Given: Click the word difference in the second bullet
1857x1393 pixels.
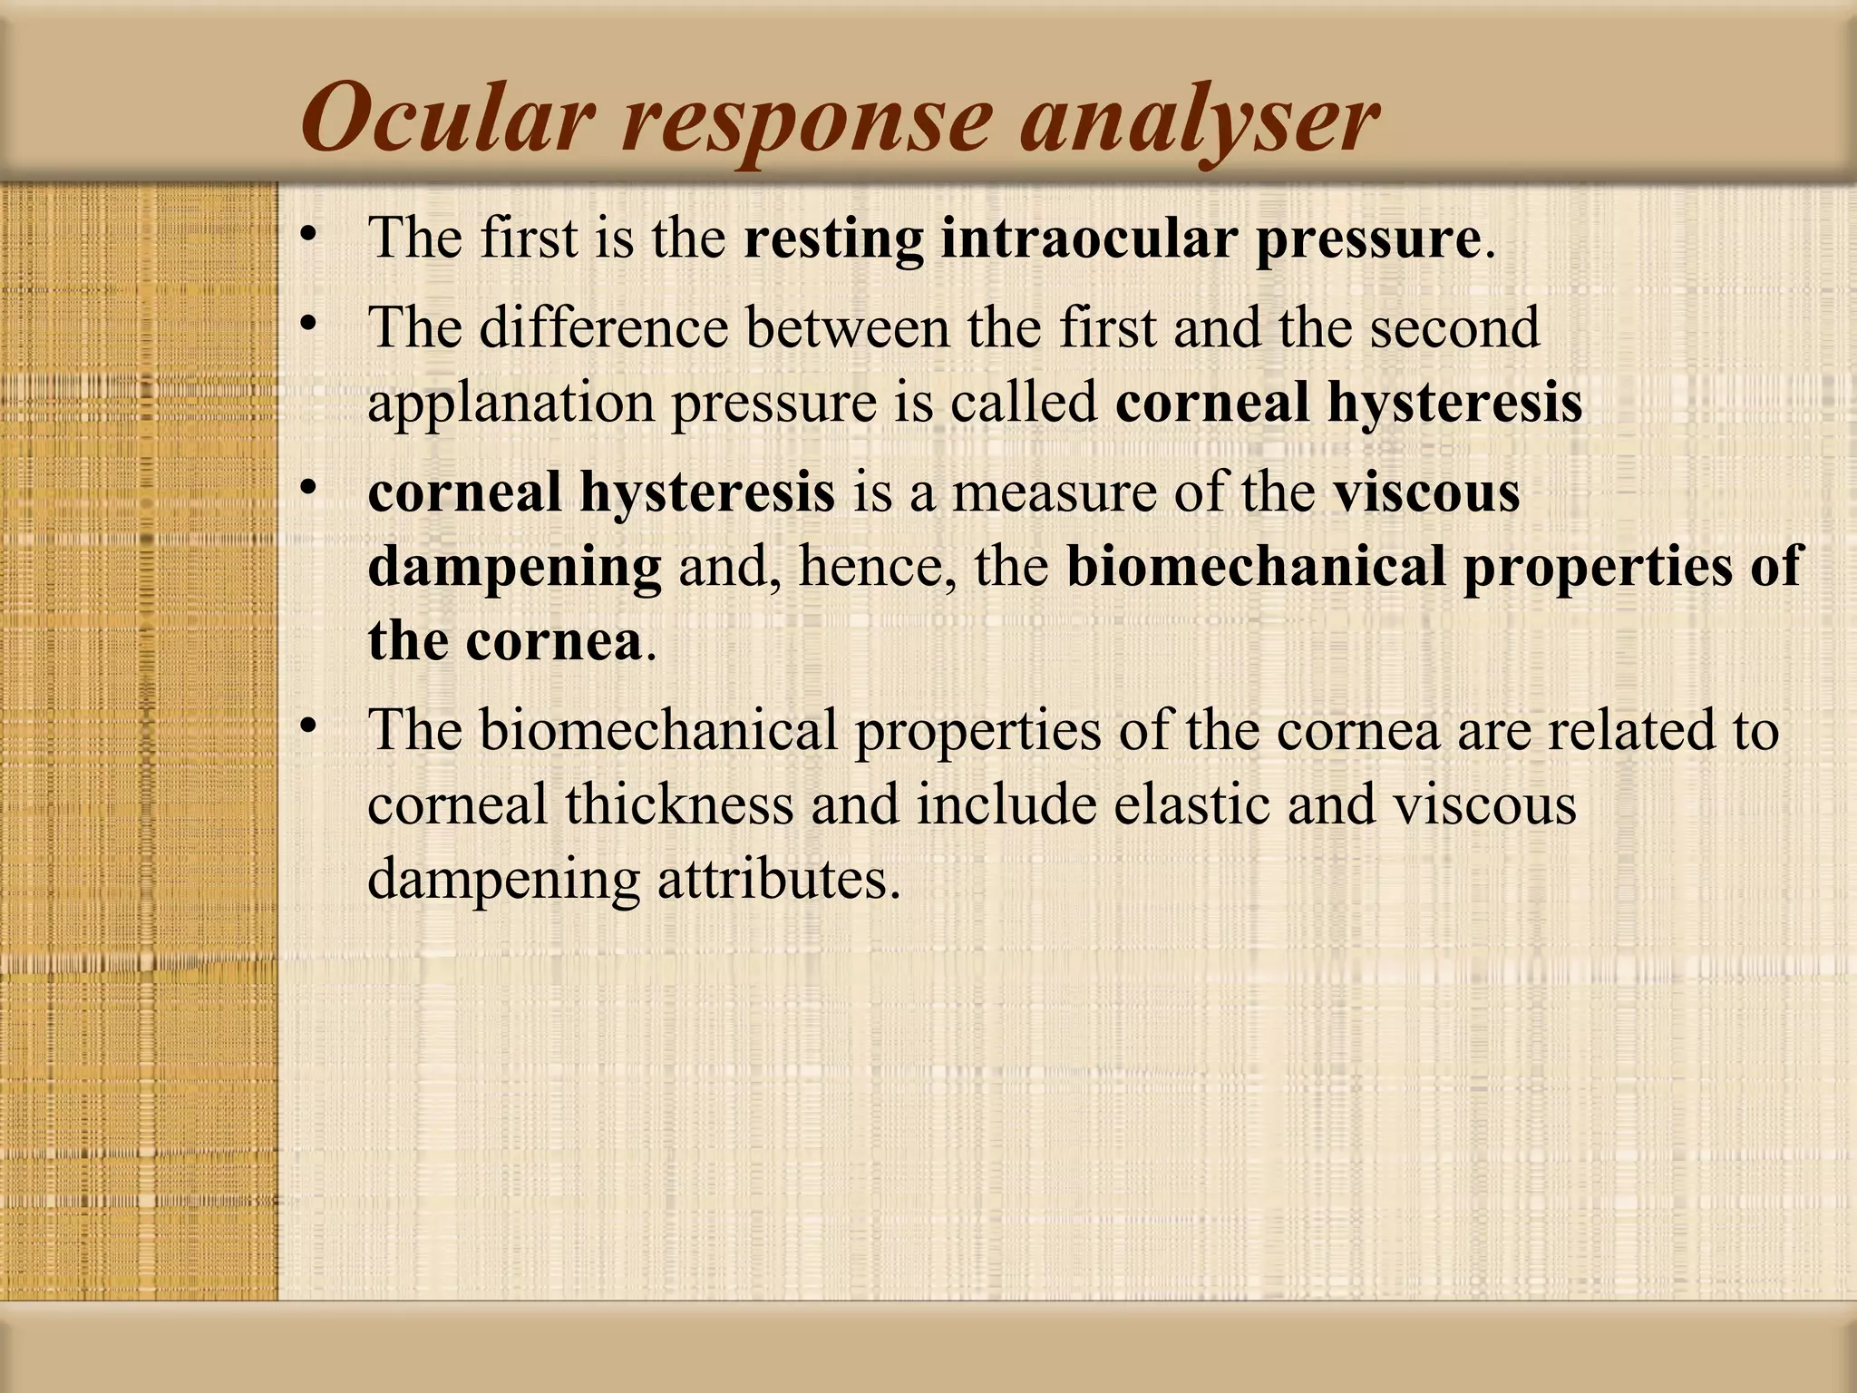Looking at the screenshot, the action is [603, 327].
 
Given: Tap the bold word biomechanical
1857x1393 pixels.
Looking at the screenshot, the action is [1256, 567].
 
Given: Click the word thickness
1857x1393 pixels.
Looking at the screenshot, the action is [679, 804].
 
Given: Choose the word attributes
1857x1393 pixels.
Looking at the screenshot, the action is [779, 879].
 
